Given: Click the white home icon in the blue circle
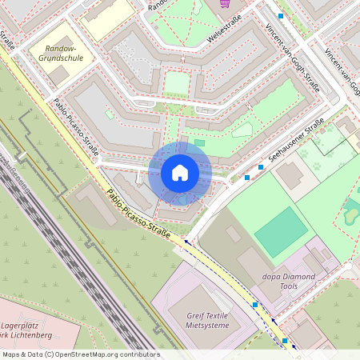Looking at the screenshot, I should pyautogui.click(x=180, y=172).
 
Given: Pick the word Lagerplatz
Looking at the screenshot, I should pyautogui.click(x=26, y=327).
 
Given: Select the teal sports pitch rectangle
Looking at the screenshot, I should pyautogui.click(x=281, y=233).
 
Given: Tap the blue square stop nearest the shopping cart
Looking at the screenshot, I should pyautogui.click(x=281, y=15).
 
